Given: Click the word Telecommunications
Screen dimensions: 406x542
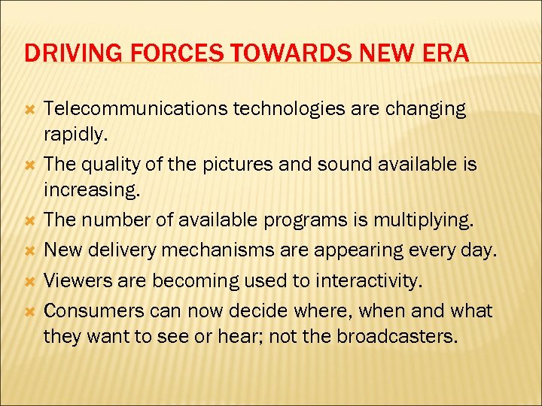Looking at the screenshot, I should [135, 109].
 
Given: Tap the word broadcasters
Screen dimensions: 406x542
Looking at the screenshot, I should [395, 335].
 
